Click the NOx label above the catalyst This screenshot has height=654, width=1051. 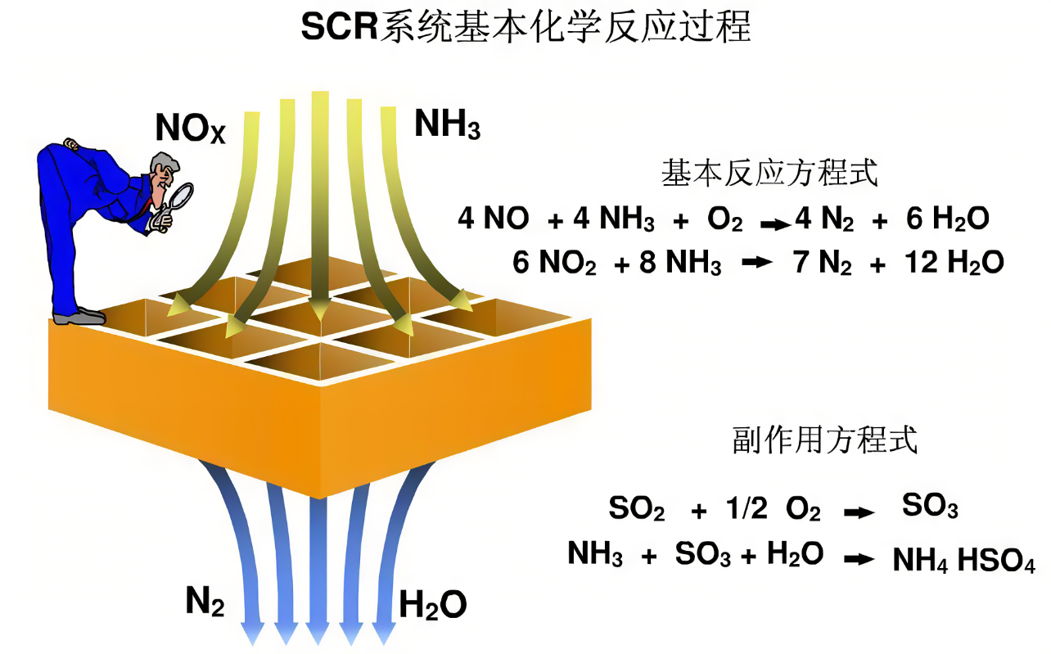tap(189, 129)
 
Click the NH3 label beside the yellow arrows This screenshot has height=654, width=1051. tap(447, 124)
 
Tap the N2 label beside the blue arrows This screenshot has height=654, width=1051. tap(205, 602)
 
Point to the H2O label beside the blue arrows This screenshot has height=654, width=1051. tap(433, 605)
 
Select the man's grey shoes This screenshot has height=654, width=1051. tap(79, 315)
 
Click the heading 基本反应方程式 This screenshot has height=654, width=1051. tap(769, 174)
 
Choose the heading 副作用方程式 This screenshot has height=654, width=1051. tap(824, 440)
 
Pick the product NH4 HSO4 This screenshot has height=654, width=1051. tap(963, 562)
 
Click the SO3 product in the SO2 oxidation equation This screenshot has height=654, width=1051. tap(930, 507)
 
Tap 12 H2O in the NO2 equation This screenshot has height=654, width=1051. tap(954, 264)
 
